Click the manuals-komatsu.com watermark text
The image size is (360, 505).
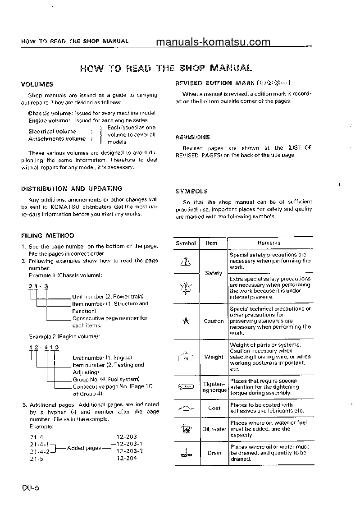213,42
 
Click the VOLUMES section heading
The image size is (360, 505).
37,84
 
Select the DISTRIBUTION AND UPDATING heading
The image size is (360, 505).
72,189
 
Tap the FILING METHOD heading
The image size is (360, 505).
48,236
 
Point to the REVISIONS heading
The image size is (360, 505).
192,138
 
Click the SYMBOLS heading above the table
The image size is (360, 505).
191,192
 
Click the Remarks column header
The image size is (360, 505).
269,243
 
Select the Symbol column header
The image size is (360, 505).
186,243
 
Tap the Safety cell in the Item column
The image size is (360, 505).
213,273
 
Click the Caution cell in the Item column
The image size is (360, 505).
214,321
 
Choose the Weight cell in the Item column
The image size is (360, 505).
214,357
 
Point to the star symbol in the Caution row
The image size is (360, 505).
186,321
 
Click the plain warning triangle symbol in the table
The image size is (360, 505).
186,261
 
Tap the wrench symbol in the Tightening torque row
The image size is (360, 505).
186,387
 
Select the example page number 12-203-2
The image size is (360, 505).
129,451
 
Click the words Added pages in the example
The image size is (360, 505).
84,448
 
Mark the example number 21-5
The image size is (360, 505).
36,458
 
